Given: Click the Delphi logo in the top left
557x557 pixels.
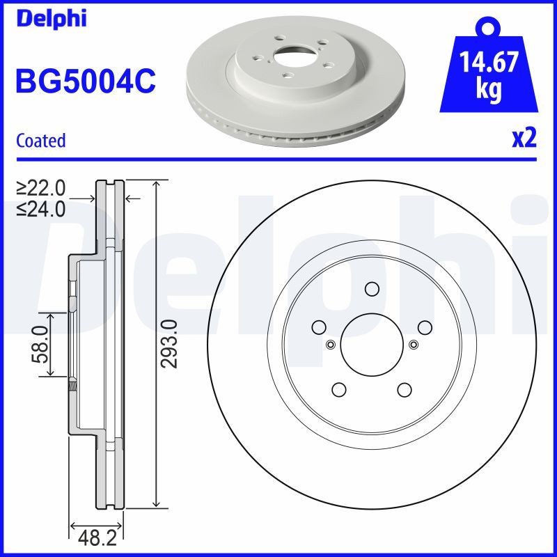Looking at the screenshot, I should (x=50, y=18).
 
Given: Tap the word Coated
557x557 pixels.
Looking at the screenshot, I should (x=40, y=141).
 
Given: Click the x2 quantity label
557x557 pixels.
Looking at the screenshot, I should (x=524, y=139).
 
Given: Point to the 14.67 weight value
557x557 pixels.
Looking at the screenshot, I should (x=489, y=63).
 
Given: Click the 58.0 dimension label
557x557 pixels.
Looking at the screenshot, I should (x=39, y=344).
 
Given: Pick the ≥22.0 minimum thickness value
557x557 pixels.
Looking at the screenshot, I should (x=41, y=188).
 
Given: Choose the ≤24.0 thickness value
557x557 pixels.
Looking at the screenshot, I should (x=41, y=207).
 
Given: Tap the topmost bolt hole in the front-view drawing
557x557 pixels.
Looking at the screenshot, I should (x=372, y=289).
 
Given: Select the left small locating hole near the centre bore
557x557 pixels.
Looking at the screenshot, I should (x=330, y=343).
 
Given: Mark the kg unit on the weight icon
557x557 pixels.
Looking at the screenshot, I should (x=489, y=91).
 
